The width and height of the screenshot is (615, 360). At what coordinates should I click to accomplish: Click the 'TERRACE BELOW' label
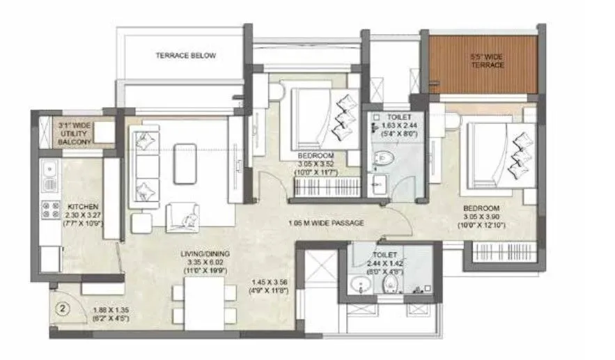click(x=186, y=56)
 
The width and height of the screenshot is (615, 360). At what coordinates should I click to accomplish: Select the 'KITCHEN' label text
click(x=81, y=207)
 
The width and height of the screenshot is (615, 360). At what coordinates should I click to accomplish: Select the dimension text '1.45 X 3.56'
click(x=272, y=282)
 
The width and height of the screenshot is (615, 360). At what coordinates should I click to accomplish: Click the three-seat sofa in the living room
click(x=147, y=163)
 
